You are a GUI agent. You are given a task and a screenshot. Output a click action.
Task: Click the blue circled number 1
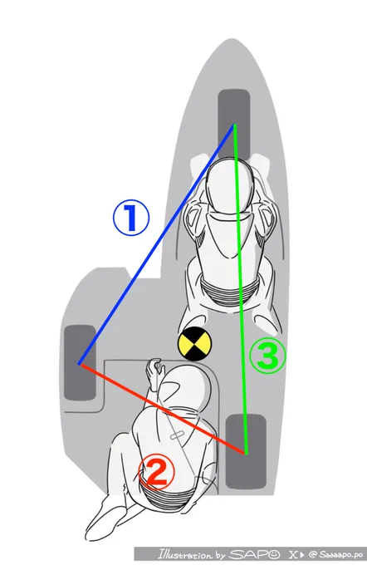(x=130, y=218)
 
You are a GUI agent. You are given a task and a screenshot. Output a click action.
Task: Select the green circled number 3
(x=268, y=356)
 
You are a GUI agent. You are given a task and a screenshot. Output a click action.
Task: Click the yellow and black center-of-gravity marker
(x=194, y=344)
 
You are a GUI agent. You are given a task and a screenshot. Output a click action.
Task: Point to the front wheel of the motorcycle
(x=234, y=125)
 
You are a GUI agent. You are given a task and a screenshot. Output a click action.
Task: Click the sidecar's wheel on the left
(x=80, y=363)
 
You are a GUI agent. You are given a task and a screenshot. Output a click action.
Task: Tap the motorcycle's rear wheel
(x=246, y=451)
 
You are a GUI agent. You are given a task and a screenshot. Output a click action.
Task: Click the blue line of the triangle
(x=157, y=244)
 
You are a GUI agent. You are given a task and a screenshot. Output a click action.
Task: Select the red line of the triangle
(x=162, y=408)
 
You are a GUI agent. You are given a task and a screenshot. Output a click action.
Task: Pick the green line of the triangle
(x=240, y=288)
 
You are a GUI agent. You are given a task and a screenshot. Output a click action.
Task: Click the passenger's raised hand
(x=154, y=371)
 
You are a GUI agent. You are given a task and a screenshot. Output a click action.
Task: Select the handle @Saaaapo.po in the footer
(x=335, y=554)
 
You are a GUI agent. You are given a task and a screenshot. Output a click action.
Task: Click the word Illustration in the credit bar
(x=185, y=554)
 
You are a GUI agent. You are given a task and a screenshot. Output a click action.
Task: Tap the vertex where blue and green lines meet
(x=234, y=125)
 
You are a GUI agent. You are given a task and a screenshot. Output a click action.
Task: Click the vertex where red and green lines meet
(x=246, y=453)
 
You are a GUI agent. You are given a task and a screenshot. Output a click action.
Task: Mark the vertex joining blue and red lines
(x=79, y=364)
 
